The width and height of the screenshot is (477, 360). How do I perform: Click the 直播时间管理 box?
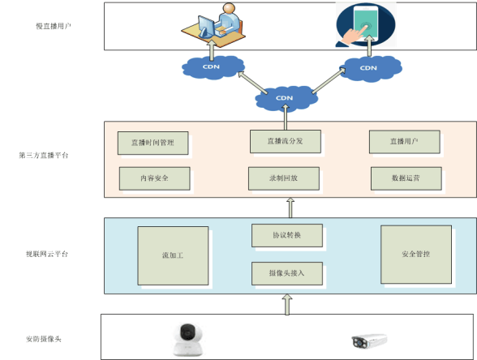point(153,144)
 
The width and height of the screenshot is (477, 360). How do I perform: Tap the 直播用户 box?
point(404,142)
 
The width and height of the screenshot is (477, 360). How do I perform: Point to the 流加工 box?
point(173,255)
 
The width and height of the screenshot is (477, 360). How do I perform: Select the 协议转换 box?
point(286,236)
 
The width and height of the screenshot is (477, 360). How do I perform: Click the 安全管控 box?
point(415,254)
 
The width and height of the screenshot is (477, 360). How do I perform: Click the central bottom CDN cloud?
point(285,98)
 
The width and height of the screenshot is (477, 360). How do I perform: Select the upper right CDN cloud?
point(368,66)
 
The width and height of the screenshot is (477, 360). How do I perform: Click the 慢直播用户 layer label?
point(54,26)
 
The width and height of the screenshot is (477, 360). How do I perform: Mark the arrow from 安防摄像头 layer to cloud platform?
point(285,303)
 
